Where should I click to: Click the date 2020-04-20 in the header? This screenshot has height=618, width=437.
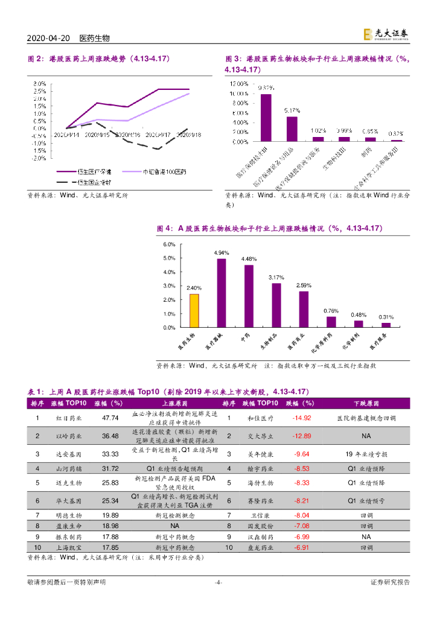(x=49, y=38)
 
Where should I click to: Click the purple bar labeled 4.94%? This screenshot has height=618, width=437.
(x=222, y=293)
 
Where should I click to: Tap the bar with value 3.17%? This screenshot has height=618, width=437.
(x=276, y=305)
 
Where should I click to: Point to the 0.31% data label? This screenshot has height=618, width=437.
(x=386, y=317)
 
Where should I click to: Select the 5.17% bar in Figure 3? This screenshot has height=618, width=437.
(x=292, y=129)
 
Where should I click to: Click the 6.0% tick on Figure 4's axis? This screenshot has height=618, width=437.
(x=170, y=244)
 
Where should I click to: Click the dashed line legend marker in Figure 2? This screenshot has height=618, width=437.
(x=64, y=182)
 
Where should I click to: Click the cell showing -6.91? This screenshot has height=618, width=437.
(x=301, y=547)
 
